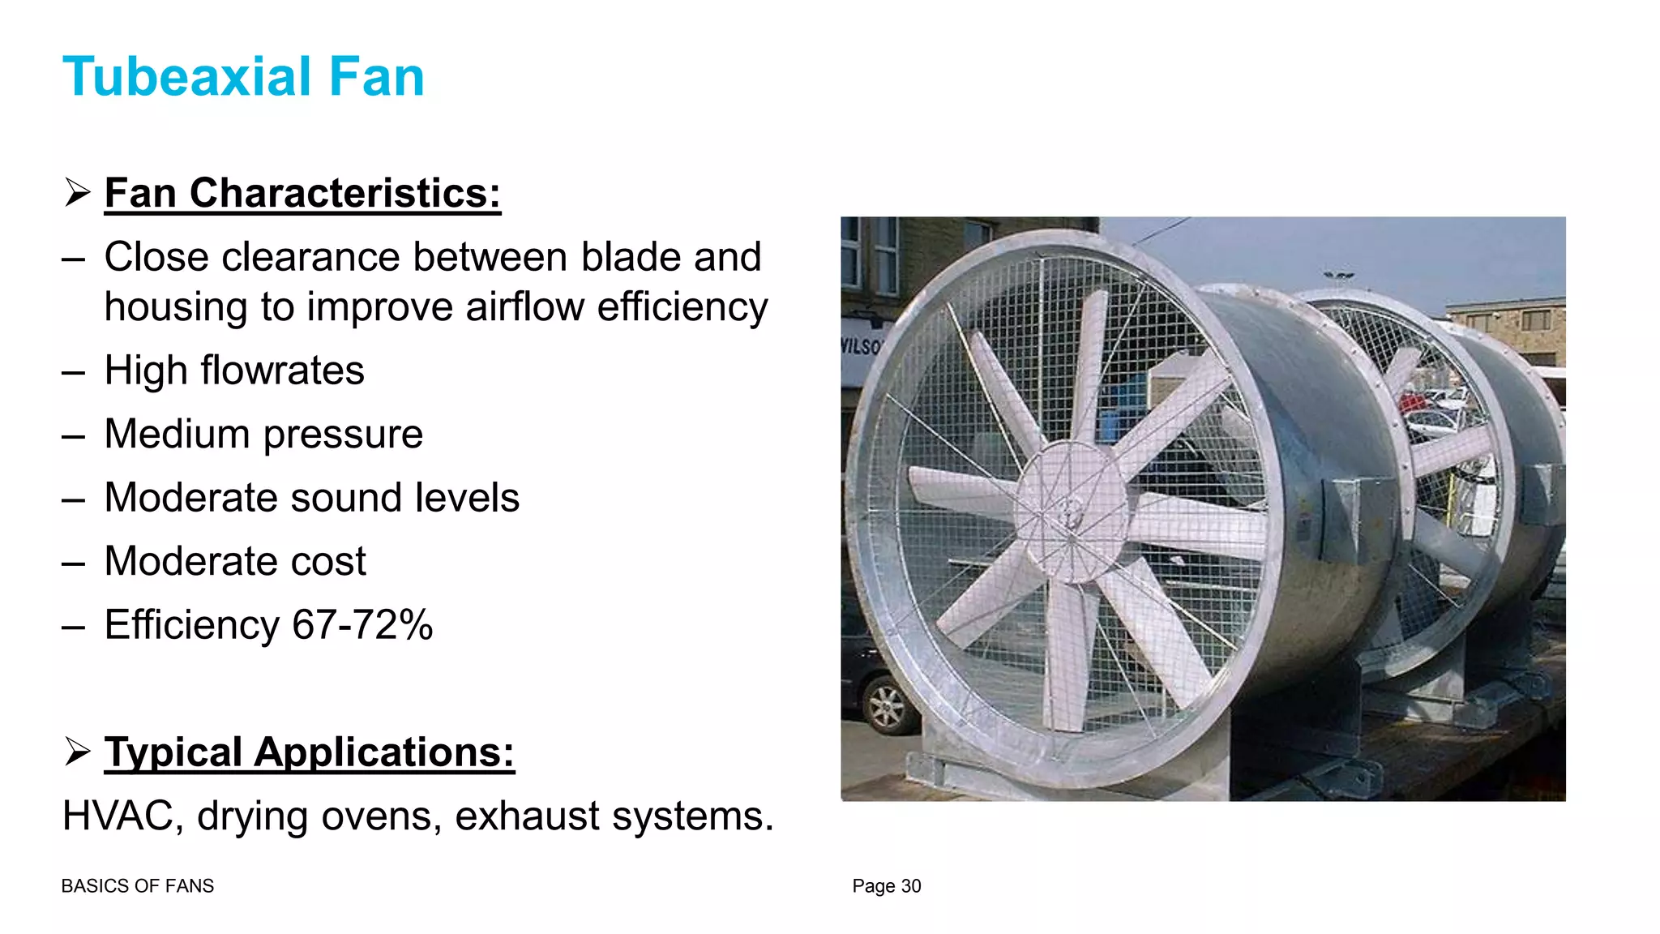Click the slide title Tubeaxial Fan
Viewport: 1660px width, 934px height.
point(243,77)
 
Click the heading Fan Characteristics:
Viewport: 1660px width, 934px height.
point(302,194)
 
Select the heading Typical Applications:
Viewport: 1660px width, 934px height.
point(309,752)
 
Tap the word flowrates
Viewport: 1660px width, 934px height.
point(282,371)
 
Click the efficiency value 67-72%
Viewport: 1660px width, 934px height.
point(362,625)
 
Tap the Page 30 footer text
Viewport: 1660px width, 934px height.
point(886,886)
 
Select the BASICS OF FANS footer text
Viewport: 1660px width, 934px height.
point(137,886)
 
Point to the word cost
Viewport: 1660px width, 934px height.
point(328,562)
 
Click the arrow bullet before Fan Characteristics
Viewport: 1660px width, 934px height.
point(78,193)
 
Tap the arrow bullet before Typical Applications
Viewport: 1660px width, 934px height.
point(78,752)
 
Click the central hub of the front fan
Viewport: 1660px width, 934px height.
point(1070,512)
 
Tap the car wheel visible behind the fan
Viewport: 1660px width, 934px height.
point(887,705)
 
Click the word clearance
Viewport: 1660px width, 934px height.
point(311,258)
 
